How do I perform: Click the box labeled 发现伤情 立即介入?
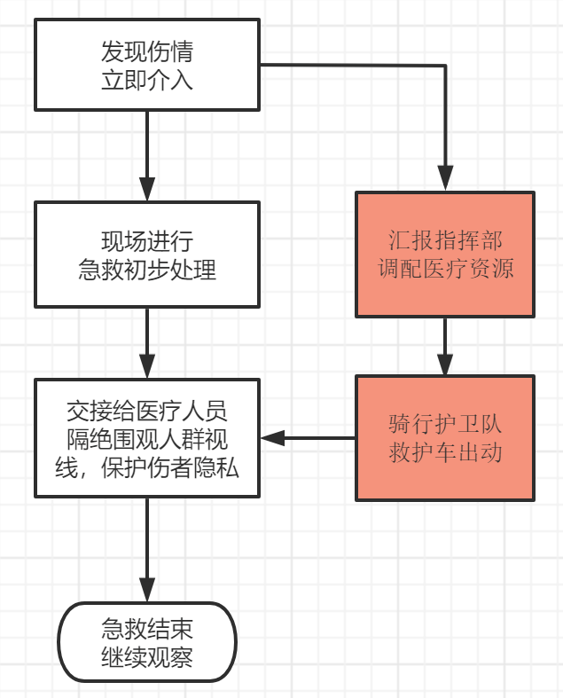coord(146,67)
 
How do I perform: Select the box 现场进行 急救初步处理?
coord(146,255)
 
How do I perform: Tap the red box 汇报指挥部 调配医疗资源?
coord(445,255)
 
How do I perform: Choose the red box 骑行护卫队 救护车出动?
coord(445,437)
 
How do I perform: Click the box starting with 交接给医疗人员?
coord(146,437)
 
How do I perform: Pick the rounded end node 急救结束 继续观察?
coord(146,643)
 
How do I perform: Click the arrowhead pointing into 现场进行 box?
coord(146,190)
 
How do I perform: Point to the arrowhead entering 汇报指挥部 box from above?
coord(445,180)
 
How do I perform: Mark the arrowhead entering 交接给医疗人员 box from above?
coord(146,367)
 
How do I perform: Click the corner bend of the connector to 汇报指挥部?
coord(445,66)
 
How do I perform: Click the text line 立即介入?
coord(146,81)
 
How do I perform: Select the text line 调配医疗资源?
coord(445,269)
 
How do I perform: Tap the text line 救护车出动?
coord(445,452)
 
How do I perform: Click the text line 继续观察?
coord(146,658)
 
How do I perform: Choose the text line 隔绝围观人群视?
coord(146,437)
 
